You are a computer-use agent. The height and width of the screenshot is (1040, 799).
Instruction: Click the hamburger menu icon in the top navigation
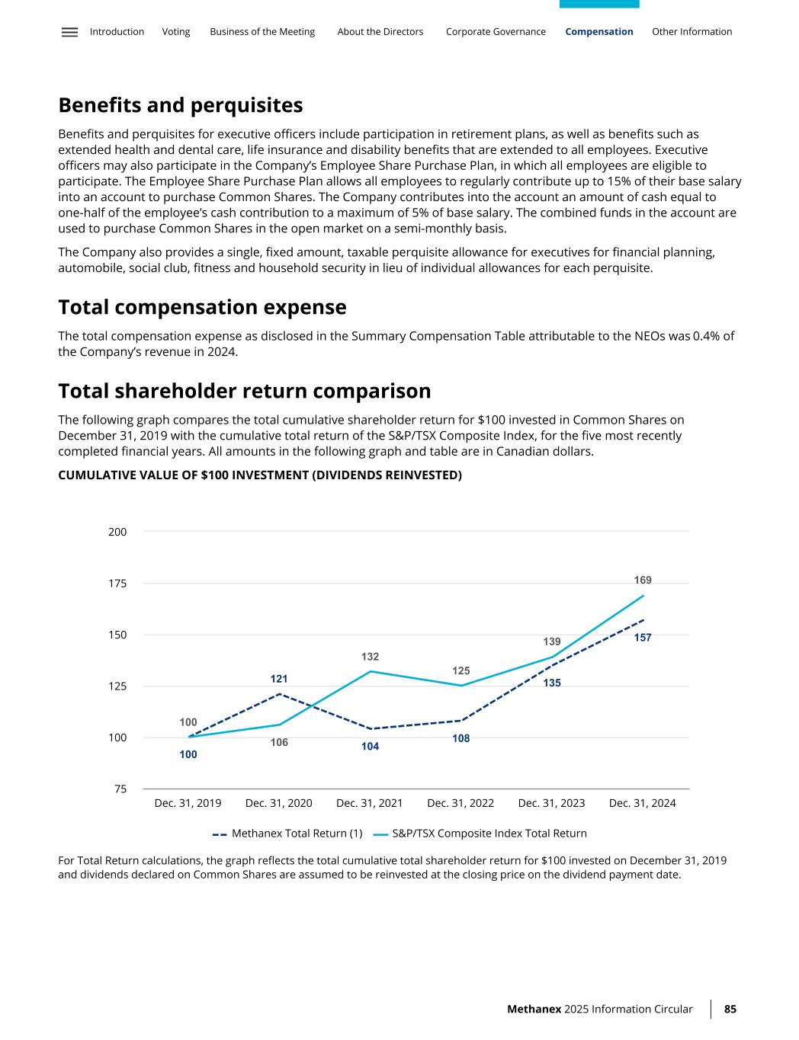tap(69, 32)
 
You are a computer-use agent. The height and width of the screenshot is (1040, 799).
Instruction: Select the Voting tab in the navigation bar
tap(176, 32)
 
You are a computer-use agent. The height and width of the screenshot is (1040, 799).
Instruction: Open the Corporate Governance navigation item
tap(496, 32)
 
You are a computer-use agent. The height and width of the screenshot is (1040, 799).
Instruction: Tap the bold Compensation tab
tap(599, 32)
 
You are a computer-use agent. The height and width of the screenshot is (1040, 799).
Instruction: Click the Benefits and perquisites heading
tap(181, 105)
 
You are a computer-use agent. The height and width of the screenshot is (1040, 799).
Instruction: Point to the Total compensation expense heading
tap(202, 308)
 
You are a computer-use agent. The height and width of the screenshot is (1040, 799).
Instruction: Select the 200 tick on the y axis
tap(117, 532)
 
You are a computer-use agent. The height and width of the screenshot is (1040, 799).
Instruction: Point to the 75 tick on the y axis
tap(120, 789)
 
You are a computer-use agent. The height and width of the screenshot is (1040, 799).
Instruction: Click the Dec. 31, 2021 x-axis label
tap(369, 803)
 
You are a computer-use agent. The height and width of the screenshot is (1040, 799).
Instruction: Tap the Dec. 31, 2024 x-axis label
tap(642, 803)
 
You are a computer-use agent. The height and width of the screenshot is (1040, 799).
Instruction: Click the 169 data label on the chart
tap(643, 581)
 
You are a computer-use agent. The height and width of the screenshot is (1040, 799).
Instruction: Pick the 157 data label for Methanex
tap(643, 638)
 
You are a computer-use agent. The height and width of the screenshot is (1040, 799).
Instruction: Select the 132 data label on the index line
tap(370, 657)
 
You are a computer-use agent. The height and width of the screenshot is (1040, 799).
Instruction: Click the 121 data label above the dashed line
tap(279, 679)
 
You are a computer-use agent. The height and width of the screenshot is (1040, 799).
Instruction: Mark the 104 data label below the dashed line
tap(370, 747)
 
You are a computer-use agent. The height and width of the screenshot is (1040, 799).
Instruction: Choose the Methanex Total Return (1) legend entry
tap(287, 834)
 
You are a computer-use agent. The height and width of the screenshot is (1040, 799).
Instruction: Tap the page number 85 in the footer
tap(730, 1010)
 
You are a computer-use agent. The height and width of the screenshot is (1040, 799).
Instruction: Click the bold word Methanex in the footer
tap(534, 1010)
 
